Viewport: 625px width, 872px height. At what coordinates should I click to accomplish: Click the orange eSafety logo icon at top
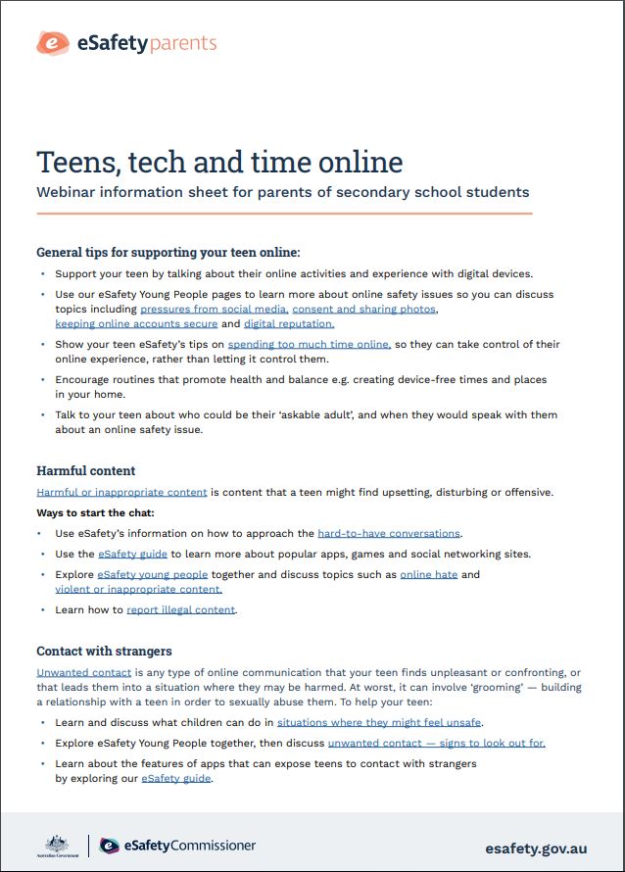point(52,43)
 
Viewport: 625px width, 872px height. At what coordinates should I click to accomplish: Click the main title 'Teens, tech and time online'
point(219,162)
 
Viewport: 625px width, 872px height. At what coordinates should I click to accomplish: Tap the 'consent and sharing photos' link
point(364,309)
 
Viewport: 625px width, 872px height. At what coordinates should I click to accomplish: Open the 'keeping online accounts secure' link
point(136,323)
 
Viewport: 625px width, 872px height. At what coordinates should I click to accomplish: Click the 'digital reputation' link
point(289,323)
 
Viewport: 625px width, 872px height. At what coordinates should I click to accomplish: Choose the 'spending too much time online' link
point(309,344)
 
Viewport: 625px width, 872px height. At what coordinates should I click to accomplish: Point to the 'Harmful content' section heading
point(86,471)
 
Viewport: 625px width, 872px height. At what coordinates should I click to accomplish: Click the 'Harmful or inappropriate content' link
point(121,492)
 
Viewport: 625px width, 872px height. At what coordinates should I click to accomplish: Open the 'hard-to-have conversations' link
point(389,533)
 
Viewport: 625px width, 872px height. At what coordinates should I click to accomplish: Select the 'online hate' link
point(429,574)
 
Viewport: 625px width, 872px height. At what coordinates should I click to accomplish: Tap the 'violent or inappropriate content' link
point(139,589)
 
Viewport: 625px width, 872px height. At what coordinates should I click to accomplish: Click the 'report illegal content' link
point(181,609)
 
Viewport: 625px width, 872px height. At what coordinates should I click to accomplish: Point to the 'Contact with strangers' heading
point(104,651)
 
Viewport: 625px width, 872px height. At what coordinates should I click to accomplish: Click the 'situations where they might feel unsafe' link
point(379,722)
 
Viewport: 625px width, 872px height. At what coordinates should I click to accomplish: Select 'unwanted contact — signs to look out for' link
point(437,743)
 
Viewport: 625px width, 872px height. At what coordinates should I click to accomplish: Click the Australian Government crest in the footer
point(57,846)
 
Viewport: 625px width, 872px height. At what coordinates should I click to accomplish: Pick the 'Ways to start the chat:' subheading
point(95,512)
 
